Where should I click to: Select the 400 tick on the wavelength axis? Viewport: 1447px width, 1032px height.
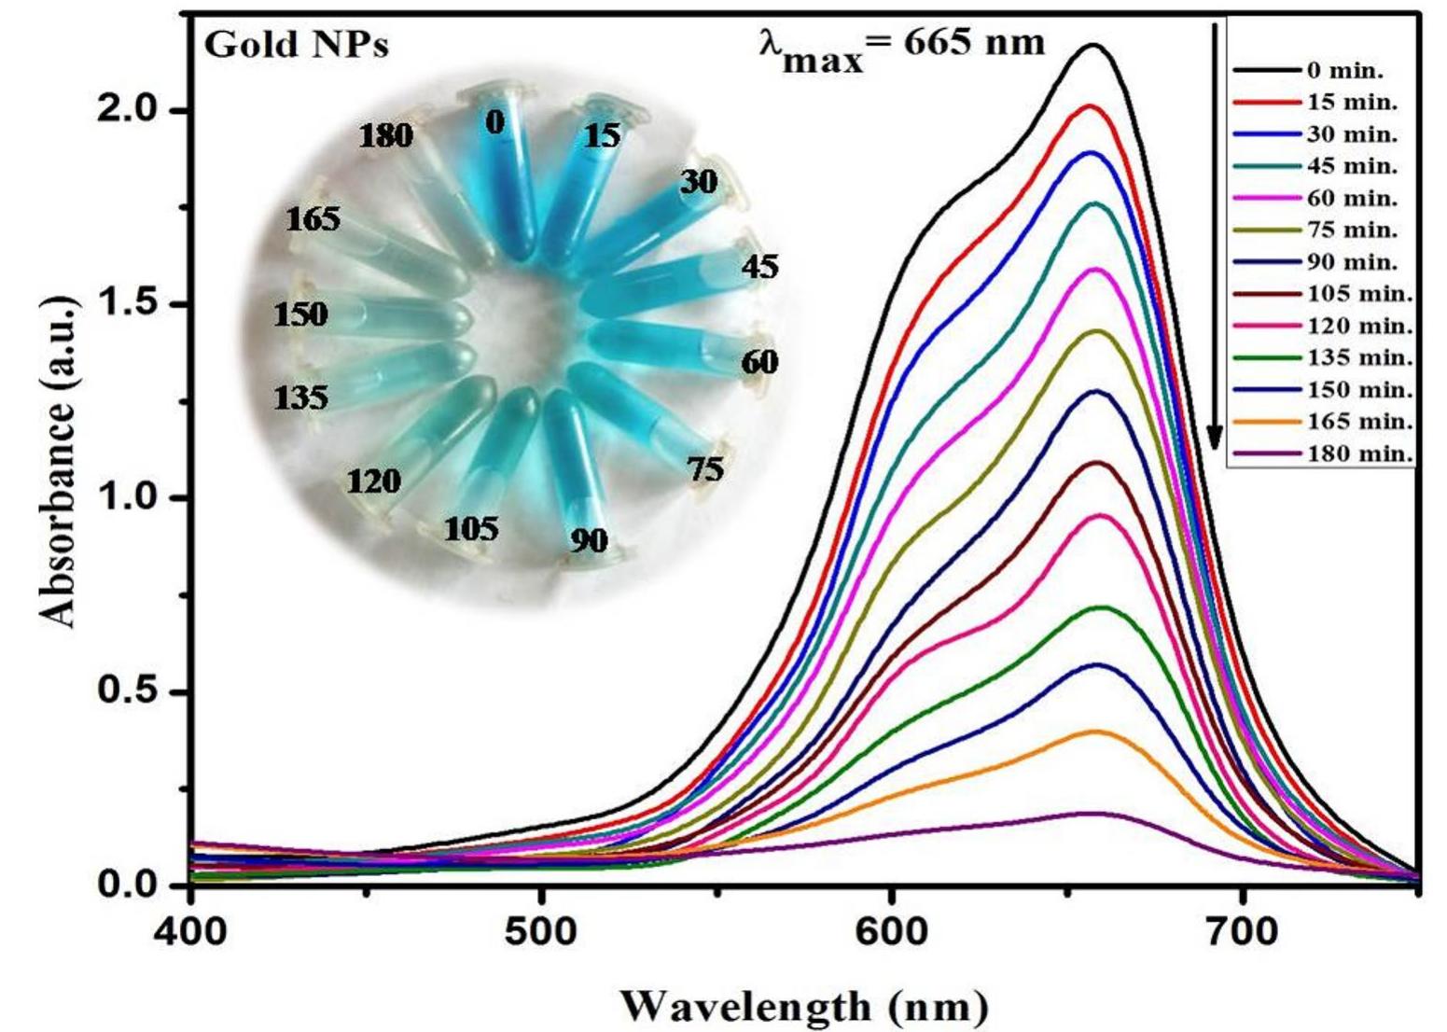tap(191, 930)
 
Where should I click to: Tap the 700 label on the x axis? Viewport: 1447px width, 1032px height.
tap(1242, 930)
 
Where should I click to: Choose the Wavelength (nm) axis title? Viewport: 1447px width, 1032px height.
tap(802, 1006)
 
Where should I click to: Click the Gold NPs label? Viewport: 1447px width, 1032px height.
tap(296, 44)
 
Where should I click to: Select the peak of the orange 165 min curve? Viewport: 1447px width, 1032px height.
tap(1094, 732)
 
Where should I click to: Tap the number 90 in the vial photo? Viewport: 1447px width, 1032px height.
tap(588, 539)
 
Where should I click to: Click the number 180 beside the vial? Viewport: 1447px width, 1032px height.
tap(386, 136)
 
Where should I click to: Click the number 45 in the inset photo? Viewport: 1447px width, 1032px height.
tap(759, 267)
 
